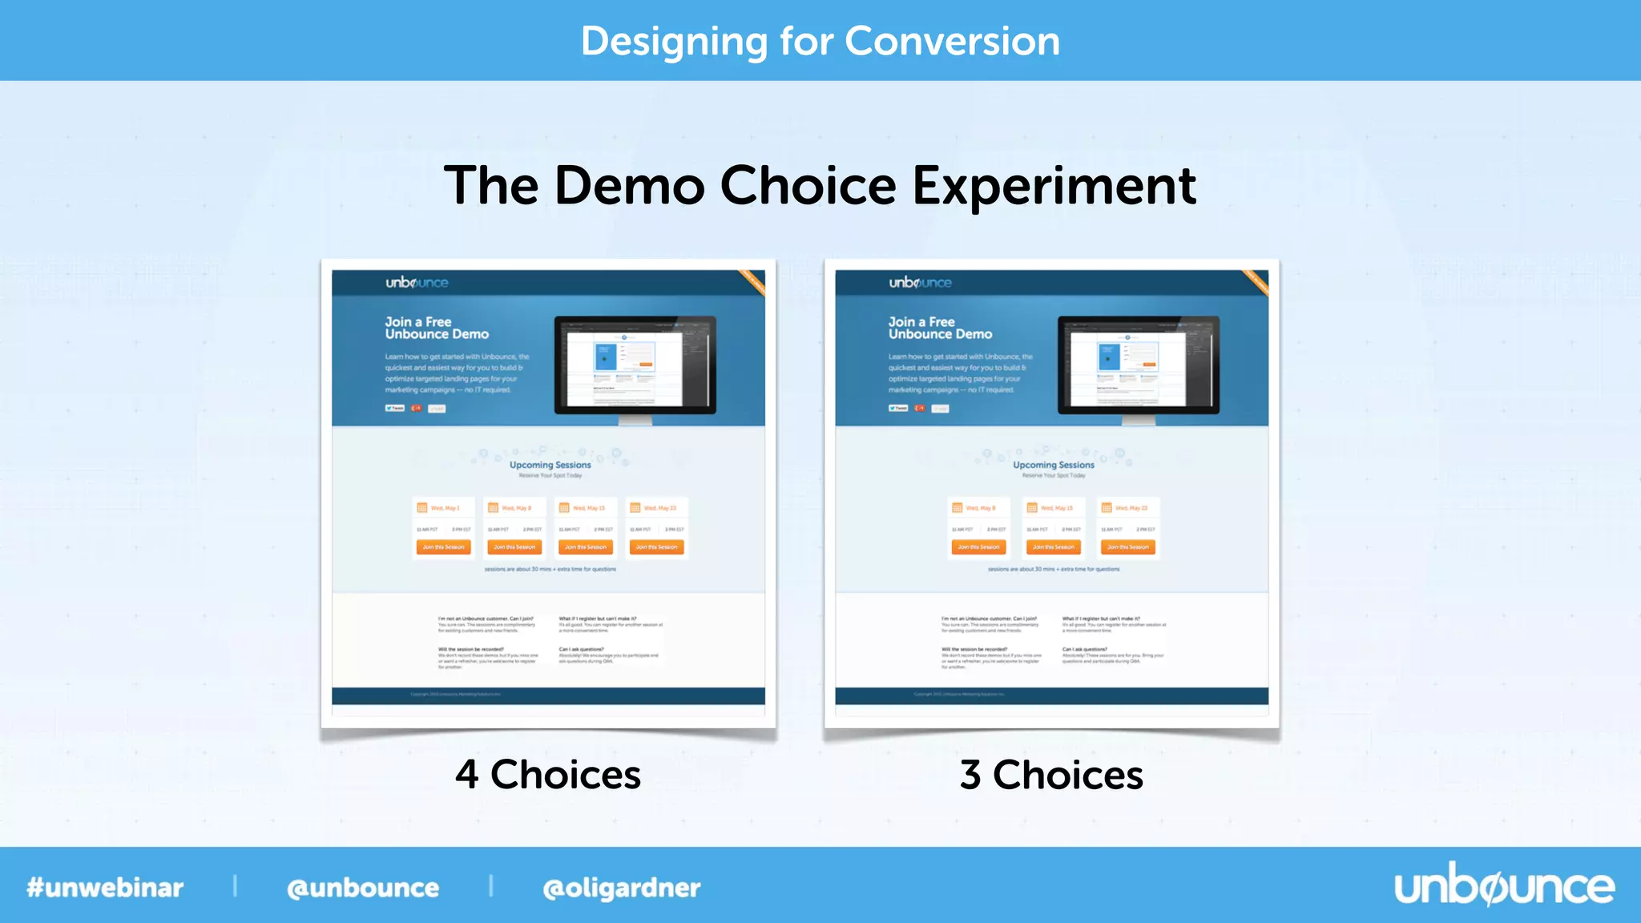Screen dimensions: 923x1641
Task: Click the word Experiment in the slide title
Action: click(1054, 186)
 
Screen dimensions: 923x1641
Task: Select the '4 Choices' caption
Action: click(548, 775)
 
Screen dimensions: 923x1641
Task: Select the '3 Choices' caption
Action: click(1051, 775)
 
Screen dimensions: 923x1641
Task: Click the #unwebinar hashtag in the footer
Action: click(105, 888)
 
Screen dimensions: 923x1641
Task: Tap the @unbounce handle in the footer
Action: click(363, 888)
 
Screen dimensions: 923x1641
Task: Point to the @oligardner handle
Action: click(621, 888)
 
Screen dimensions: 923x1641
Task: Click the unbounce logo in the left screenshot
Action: click(417, 283)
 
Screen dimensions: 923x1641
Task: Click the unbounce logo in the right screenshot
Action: click(920, 283)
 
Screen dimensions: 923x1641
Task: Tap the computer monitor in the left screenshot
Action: click(635, 365)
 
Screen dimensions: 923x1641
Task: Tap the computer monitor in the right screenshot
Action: click(1138, 365)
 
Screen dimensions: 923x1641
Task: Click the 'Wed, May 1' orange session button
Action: click(443, 547)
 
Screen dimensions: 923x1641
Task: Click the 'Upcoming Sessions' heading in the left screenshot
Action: click(550, 465)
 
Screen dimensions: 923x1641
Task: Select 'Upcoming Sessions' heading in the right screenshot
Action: click(1053, 465)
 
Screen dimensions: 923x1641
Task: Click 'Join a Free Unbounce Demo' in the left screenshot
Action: click(436, 328)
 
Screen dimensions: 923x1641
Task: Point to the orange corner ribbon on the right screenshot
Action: click(1256, 283)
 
